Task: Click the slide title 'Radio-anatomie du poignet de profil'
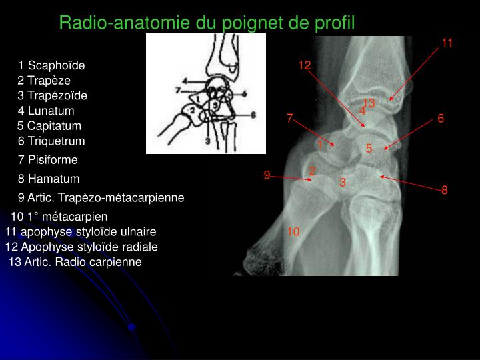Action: click(207, 23)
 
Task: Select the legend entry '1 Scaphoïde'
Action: click(52, 65)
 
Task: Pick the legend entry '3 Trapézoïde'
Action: click(52, 95)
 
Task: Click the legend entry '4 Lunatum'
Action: click(46, 111)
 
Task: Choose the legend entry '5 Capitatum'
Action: click(49, 125)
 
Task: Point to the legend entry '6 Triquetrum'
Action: click(51, 141)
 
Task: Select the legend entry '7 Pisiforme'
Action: click(48, 160)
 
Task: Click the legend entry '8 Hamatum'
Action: click(49, 179)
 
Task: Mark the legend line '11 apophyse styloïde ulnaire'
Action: click(81, 232)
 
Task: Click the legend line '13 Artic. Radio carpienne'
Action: click(75, 262)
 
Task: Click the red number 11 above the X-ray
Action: click(447, 43)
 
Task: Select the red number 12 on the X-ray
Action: click(305, 65)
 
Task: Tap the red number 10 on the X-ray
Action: click(294, 231)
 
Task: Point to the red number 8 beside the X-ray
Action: click(445, 190)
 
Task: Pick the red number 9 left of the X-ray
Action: click(267, 175)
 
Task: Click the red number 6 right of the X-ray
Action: click(441, 118)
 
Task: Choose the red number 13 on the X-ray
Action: click(369, 102)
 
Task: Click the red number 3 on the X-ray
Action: click(342, 181)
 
